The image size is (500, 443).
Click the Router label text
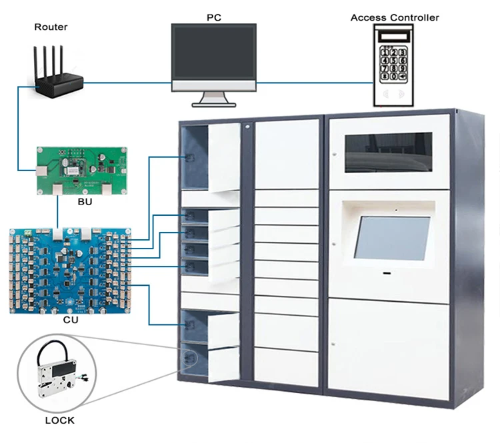click(51, 27)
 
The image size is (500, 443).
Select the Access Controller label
click(395, 17)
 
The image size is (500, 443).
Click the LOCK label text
click(60, 420)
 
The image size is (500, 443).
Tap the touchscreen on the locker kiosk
click(391, 238)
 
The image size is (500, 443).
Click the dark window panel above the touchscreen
click(387, 151)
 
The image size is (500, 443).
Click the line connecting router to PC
click(127, 83)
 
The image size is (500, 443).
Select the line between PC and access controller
click(313, 83)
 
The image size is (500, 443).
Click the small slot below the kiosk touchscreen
click(387, 272)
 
